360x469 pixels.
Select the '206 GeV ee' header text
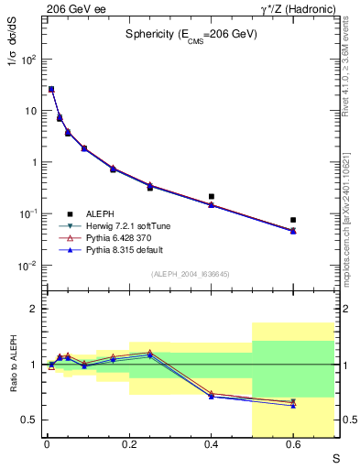click(71, 7)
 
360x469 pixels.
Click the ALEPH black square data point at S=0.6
click(293, 220)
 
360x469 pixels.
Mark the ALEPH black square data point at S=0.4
click(212, 196)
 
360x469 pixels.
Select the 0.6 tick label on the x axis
click(293, 445)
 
